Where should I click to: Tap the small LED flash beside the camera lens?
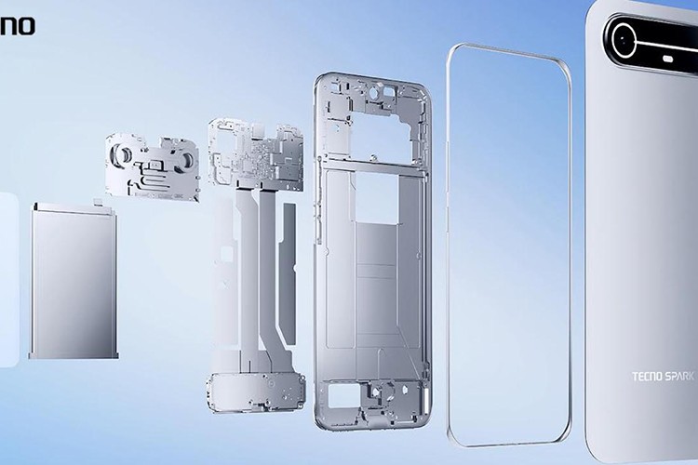click(x=669, y=59)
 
